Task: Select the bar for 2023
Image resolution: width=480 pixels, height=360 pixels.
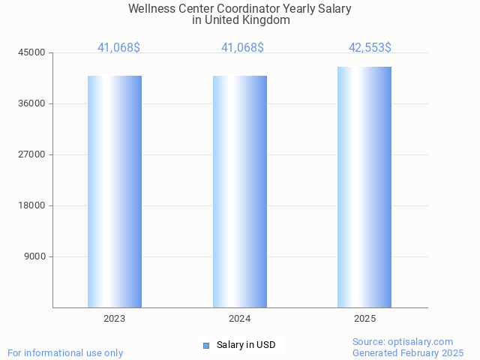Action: tap(115, 191)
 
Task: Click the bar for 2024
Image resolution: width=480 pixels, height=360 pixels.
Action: tap(240, 191)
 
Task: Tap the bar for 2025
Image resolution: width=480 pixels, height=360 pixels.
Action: tap(364, 187)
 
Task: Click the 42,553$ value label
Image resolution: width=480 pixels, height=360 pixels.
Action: tap(370, 47)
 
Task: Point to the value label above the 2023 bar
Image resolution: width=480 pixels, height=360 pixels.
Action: tap(118, 47)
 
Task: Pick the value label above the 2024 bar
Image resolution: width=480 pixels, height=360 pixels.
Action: tap(242, 47)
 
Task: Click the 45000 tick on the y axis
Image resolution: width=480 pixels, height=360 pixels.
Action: tap(31, 52)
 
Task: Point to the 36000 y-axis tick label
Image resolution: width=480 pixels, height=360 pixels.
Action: tap(31, 103)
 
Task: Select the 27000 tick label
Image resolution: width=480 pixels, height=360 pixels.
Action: tap(31, 154)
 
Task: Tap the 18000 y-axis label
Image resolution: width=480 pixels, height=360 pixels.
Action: tap(31, 205)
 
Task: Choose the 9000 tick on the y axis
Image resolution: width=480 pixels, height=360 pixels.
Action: tap(34, 256)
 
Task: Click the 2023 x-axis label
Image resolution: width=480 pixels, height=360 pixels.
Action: tap(115, 319)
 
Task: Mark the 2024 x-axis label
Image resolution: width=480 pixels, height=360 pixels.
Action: tap(240, 319)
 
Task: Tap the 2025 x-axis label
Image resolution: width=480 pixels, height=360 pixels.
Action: tap(364, 319)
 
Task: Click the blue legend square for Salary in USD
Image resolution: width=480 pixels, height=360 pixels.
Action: tap(206, 345)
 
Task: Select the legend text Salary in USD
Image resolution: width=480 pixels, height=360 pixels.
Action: tap(246, 345)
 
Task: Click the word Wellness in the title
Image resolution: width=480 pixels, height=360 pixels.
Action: tap(151, 9)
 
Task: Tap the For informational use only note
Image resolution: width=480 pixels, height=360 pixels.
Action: tap(65, 352)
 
